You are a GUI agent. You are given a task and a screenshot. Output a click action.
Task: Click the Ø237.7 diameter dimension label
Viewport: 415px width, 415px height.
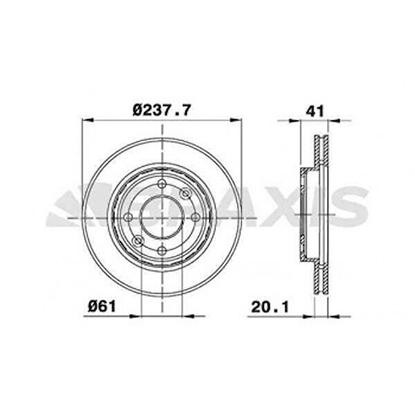[161, 110]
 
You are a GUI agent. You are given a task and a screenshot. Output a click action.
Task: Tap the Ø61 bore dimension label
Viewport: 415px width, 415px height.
[102, 306]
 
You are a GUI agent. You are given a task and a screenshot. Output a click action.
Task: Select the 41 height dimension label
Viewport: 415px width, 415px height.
[315, 111]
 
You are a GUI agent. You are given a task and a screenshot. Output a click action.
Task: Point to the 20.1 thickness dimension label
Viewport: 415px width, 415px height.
[270, 307]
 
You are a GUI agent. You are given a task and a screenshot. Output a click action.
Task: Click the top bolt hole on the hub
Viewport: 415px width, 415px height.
[162, 183]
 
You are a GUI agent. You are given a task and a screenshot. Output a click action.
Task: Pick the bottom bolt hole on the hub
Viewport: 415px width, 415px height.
[162, 250]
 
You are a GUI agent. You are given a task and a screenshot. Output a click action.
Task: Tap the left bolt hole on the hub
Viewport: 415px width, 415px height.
[129, 217]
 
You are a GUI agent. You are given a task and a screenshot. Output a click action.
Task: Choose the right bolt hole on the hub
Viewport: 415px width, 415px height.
[196, 217]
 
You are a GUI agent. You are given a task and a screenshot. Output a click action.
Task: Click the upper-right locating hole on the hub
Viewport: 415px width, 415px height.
[185, 193]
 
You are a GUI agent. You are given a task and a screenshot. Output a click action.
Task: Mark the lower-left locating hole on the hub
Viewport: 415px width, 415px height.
[138, 241]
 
